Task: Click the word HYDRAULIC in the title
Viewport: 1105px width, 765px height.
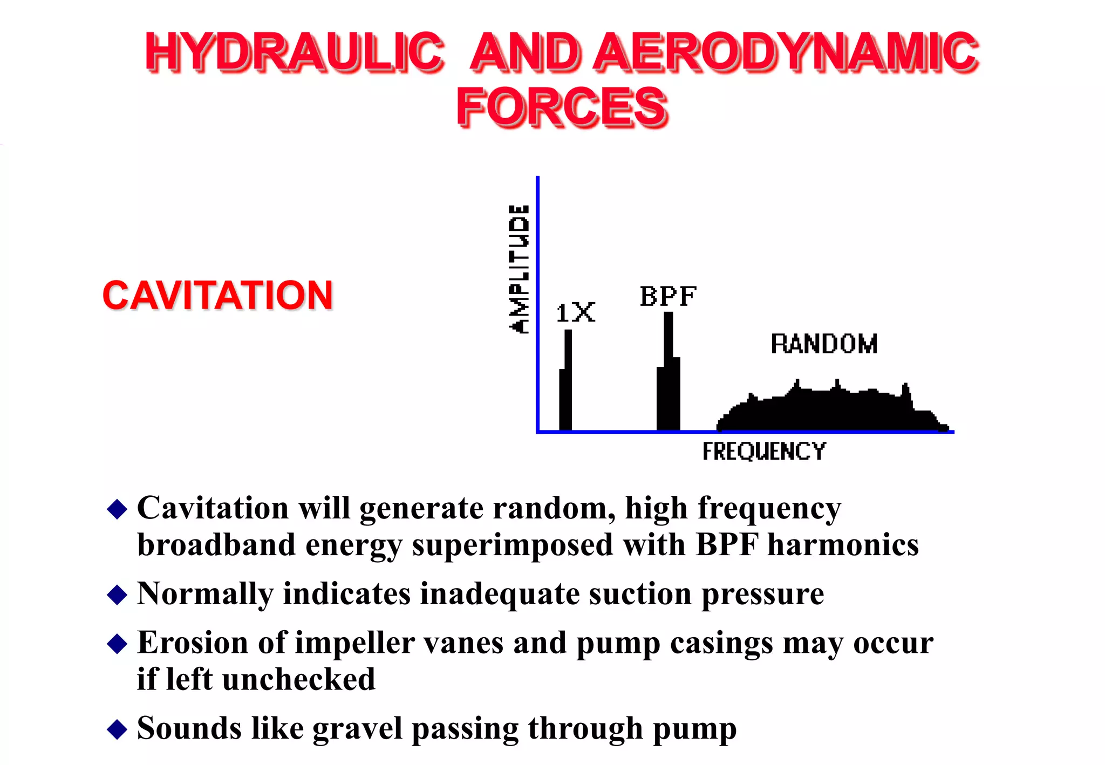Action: [x=294, y=52]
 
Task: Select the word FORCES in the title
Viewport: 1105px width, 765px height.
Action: [x=562, y=106]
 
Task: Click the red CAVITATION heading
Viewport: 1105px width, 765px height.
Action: [x=217, y=296]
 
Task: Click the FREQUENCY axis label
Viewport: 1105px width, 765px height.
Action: [x=763, y=452]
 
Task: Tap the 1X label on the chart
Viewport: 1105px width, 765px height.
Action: [x=575, y=313]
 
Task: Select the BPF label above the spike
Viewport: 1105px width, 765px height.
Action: [x=668, y=296]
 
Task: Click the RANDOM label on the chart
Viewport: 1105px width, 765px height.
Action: [x=824, y=344]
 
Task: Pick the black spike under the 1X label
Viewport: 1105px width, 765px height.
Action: [x=566, y=388]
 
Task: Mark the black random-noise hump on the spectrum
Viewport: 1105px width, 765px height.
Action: [x=831, y=410]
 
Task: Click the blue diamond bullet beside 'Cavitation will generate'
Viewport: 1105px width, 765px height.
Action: [x=117, y=509]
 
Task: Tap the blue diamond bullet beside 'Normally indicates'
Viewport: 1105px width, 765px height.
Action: [x=117, y=595]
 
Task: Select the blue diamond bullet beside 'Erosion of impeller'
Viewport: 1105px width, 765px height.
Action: [x=117, y=644]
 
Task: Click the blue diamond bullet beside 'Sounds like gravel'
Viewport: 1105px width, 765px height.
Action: [x=117, y=729]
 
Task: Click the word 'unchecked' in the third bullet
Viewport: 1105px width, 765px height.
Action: [x=298, y=679]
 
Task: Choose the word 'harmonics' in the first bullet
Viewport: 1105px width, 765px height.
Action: [x=843, y=545]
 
